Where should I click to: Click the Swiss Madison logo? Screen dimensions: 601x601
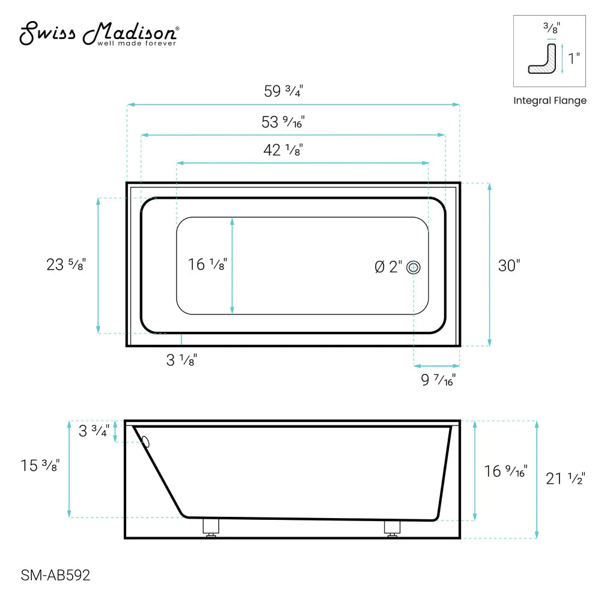[x=99, y=34]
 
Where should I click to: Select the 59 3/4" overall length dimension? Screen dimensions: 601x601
[x=284, y=91]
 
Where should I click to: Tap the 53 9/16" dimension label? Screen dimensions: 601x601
[x=284, y=123]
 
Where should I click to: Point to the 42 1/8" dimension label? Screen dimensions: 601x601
[x=282, y=150]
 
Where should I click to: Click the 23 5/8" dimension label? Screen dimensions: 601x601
[x=66, y=264]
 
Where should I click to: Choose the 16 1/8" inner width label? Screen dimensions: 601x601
[x=207, y=264]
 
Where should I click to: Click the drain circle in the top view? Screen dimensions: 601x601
[x=413, y=267]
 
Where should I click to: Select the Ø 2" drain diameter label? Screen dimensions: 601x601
[x=388, y=267]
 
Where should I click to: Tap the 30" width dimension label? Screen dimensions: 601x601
[x=509, y=265]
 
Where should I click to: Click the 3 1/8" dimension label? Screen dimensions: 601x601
[x=181, y=360]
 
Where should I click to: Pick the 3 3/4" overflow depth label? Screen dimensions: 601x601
[x=94, y=432]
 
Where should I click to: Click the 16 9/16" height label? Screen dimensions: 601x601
[x=505, y=471]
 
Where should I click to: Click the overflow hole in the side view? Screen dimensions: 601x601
[x=145, y=442]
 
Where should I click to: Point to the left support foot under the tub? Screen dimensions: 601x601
[x=210, y=528]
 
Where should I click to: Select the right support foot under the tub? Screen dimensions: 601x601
[x=392, y=528]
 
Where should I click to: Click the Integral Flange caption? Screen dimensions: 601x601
[x=549, y=101]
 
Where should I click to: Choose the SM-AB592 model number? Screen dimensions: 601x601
[x=55, y=576]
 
